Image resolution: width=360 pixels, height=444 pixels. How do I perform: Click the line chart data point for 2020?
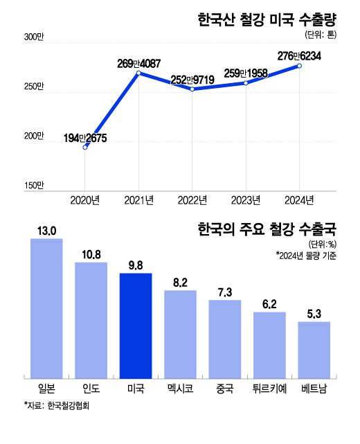[x=85, y=147]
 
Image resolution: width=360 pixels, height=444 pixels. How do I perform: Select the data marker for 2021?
[x=138, y=73]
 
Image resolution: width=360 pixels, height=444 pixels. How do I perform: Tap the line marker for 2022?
[x=192, y=89]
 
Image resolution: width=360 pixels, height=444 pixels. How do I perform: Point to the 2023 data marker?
[x=246, y=83]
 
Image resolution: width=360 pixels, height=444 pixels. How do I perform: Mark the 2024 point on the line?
[x=299, y=66]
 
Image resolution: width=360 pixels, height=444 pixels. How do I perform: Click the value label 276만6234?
[x=298, y=55]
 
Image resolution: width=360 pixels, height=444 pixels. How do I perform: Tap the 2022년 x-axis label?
[x=192, y=200]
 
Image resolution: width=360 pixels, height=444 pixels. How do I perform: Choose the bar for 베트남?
[x=314, y=350]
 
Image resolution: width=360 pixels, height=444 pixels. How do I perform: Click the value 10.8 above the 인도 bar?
[x=91, y=254]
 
